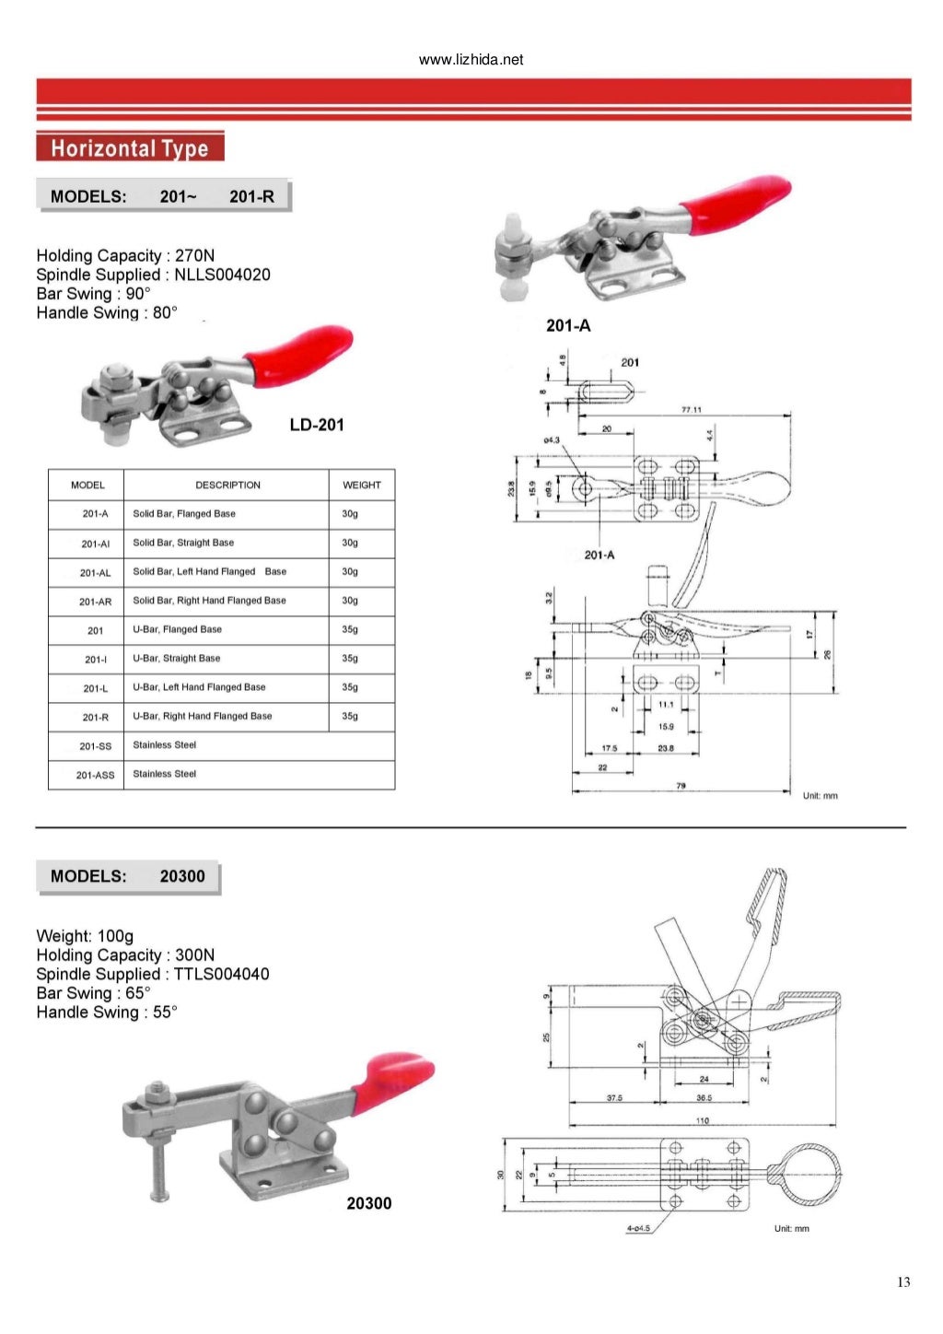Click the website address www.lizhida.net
[x=471, y=60]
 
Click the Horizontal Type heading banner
[x=130, y=148]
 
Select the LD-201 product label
[x=316, y=425]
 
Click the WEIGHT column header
[x=361, y=485]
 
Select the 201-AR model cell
[x=95, y=602]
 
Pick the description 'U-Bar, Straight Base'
[x=177, y=659]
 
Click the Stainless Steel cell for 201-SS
[x=165, y=745]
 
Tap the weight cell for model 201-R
[x=350, y=716]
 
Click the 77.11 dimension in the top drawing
[x=691, y=409]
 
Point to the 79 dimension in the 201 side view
[x=681, y=786]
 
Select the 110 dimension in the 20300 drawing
[x=703, y=1120]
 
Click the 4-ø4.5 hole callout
[x=638, y=1228]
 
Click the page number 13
[x=902, y=1281]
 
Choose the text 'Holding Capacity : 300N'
[x=125, y=955]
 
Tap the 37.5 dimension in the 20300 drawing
[x=614, y=1098]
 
